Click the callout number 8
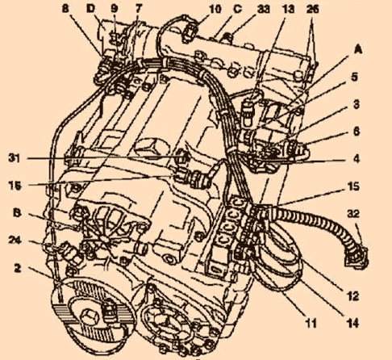pyautogui.click(x=65, y=9)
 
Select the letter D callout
pyautogui.click(x=91, y=9)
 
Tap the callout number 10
pyautogui.click(x=215, y=9)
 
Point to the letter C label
pyautogui.click(x=238, y=9)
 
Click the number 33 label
pyautogui.click(x=264, y=9)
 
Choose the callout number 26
pyautogui.click(x=313, y=9)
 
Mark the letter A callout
pyautogui.click(x=358, y=49)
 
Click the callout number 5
pyautogui.click(x=355, y=77)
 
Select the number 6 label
pyautogui.click(x=356, y=132)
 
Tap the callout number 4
pyautogui.click(x=356, y=159)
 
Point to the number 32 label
pyautogui.click(x=353, y=214)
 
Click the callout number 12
pyautogui.click(x=353, y=296)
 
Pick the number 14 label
pyautogui.click(x=353, y=323)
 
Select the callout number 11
pyautogui.click(x=311, y=323)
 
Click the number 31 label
pyautogui.click(x=15, y=158)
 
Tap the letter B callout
pyautogui.click(x=17, y=213)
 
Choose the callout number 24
pyautogui.click(x=15, y=240)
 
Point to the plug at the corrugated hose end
pyautogui.click(x=357, y=257)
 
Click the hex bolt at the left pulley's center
pyautogui.click(x=90, y=318)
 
